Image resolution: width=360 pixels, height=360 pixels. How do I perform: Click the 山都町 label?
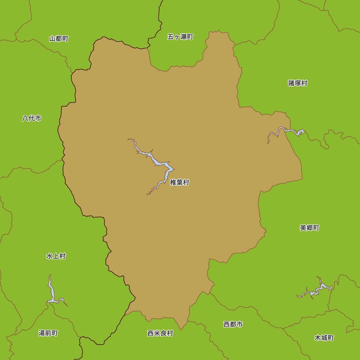coord(59,39)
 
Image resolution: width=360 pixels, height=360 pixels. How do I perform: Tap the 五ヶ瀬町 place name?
coord(180,37)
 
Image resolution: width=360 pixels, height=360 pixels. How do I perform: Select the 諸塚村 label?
coord(298,83)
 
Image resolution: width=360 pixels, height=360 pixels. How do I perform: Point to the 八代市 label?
coord(32,118)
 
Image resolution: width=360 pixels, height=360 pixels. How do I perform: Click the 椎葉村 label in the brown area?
coord(180,183)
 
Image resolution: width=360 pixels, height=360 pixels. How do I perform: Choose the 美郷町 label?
coord(310,228)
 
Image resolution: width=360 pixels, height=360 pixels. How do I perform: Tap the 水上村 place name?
coord(56,256)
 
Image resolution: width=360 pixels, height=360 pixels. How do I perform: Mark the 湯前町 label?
coord(48,333)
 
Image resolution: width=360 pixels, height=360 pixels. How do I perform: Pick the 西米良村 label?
coord(160,333)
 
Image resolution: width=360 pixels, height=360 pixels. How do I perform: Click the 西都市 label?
coord(233,324)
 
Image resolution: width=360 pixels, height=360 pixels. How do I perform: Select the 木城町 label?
coord(324,338)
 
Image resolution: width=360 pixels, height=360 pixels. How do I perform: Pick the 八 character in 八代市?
coord(25,118)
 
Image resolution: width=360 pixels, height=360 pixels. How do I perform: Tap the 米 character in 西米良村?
coord(157,333)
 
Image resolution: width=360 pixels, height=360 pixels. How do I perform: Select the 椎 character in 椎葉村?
coord(173,183)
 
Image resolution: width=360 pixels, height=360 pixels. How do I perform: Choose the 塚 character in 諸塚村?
coord(298,83)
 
